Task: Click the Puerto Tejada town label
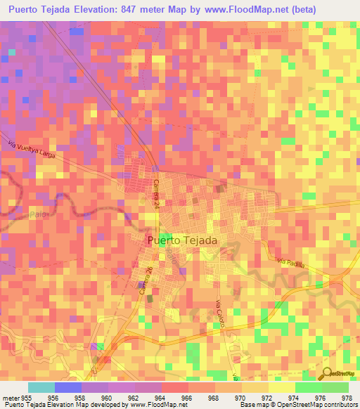(x=183, y=240)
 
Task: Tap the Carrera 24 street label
(x=155, y=191)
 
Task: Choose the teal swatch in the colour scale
(x=41, y=387)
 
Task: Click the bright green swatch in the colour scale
(x=308, y=387)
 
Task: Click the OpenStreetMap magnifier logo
(x=326, y=374)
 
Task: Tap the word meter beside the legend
(x=10, y=397)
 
